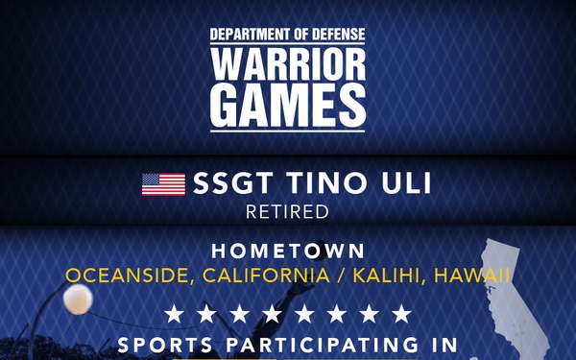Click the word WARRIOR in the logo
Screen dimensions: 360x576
coord(288,66)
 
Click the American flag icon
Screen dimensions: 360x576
coord(163,183)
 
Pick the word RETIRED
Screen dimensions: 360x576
coord(288,211)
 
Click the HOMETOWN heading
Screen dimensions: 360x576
coord(288,252)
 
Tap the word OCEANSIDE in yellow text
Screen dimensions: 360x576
coord(120,276)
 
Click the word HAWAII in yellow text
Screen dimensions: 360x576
coord(472,276)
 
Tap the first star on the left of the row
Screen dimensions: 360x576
coord(173,314)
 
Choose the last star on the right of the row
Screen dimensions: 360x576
coord(402,314)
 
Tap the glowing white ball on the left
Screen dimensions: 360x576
coord(76,300)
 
